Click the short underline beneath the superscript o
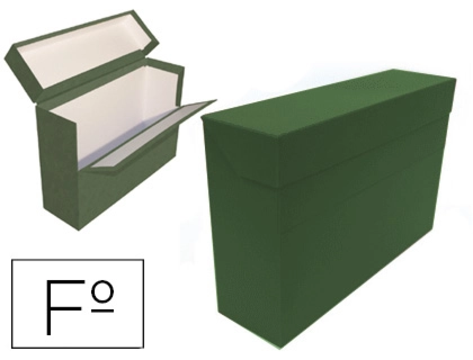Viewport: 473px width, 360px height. (x=102, y=311)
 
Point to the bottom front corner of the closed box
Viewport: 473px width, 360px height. (x=281, y=348)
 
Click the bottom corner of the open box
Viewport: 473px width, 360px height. (x=79, y=230)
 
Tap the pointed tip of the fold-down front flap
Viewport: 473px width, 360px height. (x=216, y=100)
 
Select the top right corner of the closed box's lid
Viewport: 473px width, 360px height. (x=456, y=79)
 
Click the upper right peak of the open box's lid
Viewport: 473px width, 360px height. (x=133, y=10)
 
